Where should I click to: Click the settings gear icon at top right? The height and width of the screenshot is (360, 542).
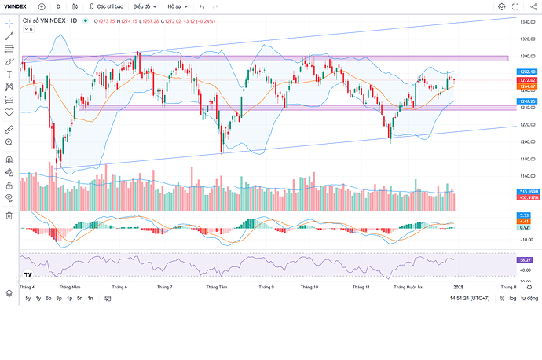[x=502, y=6]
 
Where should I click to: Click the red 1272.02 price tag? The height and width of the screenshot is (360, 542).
[x=526, y=80]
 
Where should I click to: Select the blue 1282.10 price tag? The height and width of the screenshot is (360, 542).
[x=526, y=72]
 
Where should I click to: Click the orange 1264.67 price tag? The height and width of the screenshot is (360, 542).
[x=526, y=86]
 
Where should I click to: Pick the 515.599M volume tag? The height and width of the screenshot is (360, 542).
[x=527, y=192]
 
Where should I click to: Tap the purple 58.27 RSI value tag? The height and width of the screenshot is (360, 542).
[x=524, y=259]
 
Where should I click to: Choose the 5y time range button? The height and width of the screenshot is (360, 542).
[x=28, y=299]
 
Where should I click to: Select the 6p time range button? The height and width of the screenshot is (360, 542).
[x=49, y=299]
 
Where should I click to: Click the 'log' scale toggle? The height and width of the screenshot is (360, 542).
[x=513, y=299]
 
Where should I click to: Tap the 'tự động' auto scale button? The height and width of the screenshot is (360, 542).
[x=530, y=299]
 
